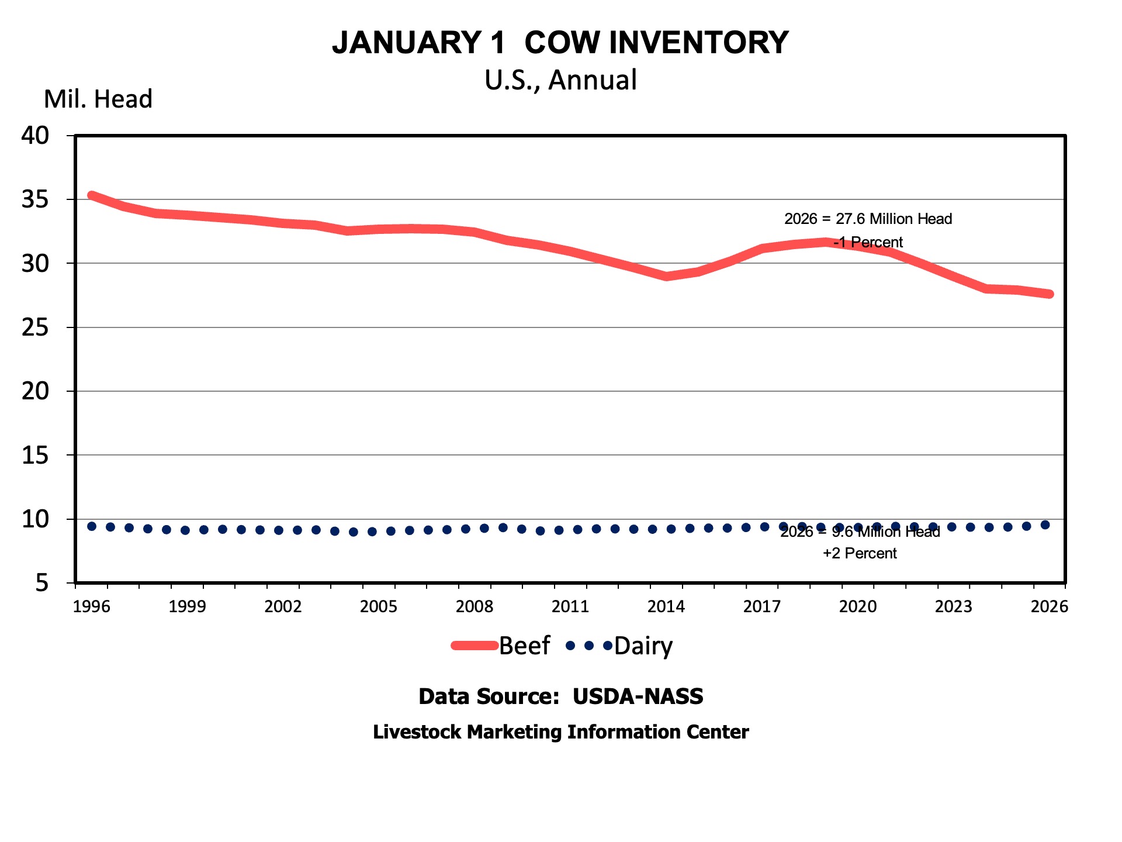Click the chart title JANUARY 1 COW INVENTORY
tap(560, 43)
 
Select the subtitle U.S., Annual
tap(560, 80)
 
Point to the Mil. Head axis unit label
tap(98, 99)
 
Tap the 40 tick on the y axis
tap(36, 136)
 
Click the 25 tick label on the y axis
tap(36, 327)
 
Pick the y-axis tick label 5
tap(42, 583)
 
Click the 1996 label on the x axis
tap(92, 606)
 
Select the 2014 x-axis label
tap(666, 606)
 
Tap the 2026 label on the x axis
tap(1049, 606)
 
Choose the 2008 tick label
tap(475, 606)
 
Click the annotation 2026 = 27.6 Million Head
tap(868, 219)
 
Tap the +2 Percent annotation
tap(860, 553)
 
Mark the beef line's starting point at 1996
tap(92, 195)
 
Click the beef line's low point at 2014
tap(667, 276)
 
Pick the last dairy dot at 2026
tap(1045, 525)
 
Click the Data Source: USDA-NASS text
tap(560, 696)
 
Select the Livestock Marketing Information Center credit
tap(560, 732)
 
